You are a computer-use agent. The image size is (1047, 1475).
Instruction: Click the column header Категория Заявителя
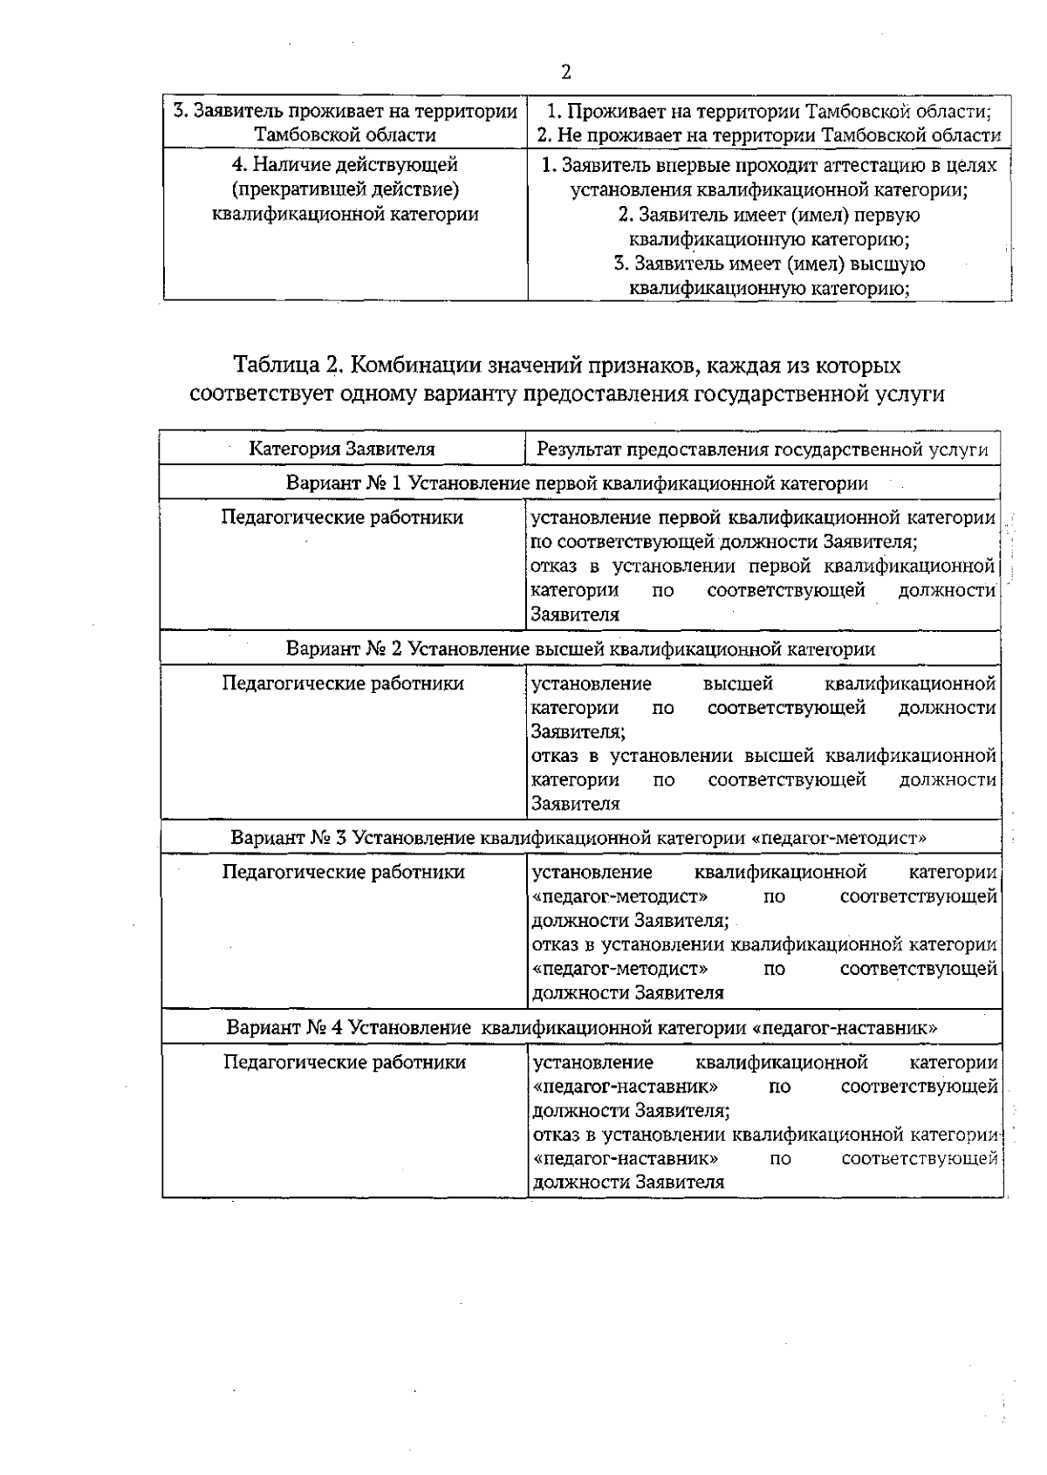click(342, 449)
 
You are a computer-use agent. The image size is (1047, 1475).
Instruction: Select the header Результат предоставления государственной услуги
click(763, 449)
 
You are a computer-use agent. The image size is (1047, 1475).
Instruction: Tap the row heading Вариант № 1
click(345, 484)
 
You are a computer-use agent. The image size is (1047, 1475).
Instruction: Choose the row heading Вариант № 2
click(345, 649)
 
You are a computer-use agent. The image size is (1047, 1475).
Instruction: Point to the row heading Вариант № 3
click(289, 838)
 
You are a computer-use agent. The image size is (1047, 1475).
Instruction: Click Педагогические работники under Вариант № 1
click(342, 518)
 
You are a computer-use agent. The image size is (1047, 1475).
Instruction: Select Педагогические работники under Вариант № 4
click(344, 1062)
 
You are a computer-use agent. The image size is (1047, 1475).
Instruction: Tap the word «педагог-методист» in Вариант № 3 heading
click(838, 838)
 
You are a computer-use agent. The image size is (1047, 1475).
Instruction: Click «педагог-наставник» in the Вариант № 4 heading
click(844, 1027)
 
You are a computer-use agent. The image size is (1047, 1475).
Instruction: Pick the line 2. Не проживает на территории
click(768, 135)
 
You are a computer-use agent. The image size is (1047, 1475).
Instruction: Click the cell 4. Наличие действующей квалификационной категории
click(346, 189)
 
